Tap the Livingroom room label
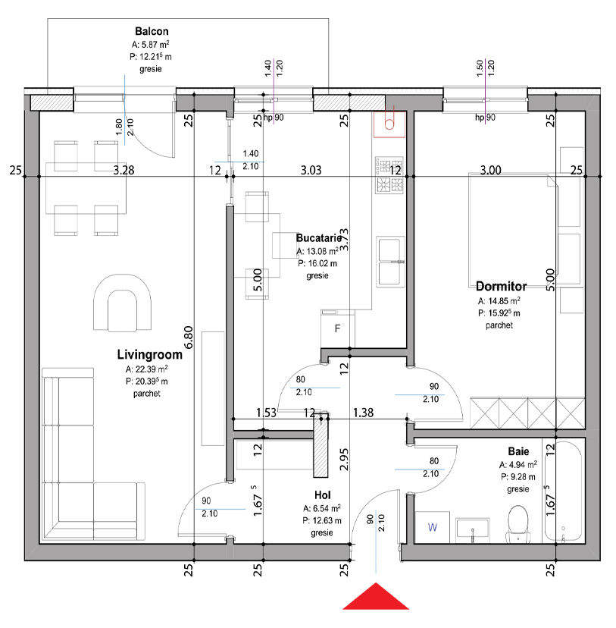click(x=149, y=354)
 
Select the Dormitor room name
click(x=501, y=287)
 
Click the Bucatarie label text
click(x=319, y=238)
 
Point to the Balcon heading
click(x=152, y=31)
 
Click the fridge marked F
click(x=338, y=329)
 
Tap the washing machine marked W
click(x=433, y=527)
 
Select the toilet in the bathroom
click(x=518, y=524)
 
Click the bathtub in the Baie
click(x=563, y=491)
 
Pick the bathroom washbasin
click(x=472, y=529)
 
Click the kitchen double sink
click(x=390, y=262)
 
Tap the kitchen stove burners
click(x=389, y=175)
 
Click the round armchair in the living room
click(x=123, y=303)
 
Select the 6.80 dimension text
click(x=189, y=338)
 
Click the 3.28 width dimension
click(x=124, y=170)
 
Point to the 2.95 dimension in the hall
click(x=344, y=460)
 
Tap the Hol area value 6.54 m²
click(x=322, y=508)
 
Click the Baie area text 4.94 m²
click(x=518, y=465)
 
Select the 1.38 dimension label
click(x=363, y=413)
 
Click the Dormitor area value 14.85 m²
click(x=499, y=301)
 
